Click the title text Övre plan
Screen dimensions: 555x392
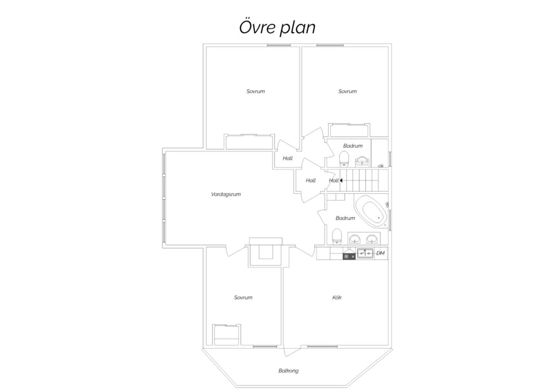click(277, 27)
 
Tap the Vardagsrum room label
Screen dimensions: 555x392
click(226, 194)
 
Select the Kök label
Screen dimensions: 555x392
click(337, 298)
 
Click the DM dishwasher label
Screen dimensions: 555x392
click(380, 253)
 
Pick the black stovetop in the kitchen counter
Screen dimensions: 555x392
click(349, 256)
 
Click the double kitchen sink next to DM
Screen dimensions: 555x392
click(365, 253)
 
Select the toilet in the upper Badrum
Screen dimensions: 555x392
click(344, 159)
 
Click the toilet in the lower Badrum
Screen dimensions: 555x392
click(337, 237)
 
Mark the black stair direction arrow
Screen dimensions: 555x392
click(341, 180)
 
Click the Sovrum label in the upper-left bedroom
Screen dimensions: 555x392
click(256, 91)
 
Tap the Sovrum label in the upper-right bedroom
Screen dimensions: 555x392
click(347, 91)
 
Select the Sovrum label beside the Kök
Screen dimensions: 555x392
click(243, 298)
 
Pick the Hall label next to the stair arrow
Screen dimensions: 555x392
click(334, 181)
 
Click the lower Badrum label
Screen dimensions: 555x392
click(345, 218)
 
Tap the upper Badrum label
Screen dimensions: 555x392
click(353, 146)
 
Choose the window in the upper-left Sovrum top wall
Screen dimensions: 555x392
click(279, 45)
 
